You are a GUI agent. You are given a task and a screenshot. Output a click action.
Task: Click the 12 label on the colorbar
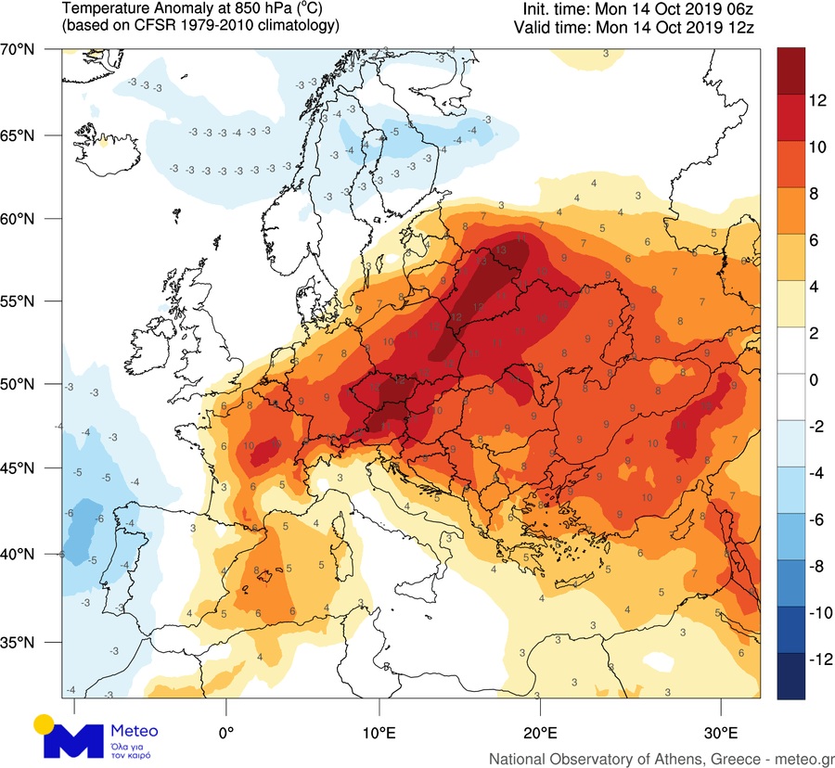[793, 103]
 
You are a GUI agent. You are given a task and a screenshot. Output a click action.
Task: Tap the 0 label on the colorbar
[789, 381]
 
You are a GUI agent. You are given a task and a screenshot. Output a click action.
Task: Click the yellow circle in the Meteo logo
[44, 723]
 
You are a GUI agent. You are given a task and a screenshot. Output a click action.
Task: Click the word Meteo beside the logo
[135, 729]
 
